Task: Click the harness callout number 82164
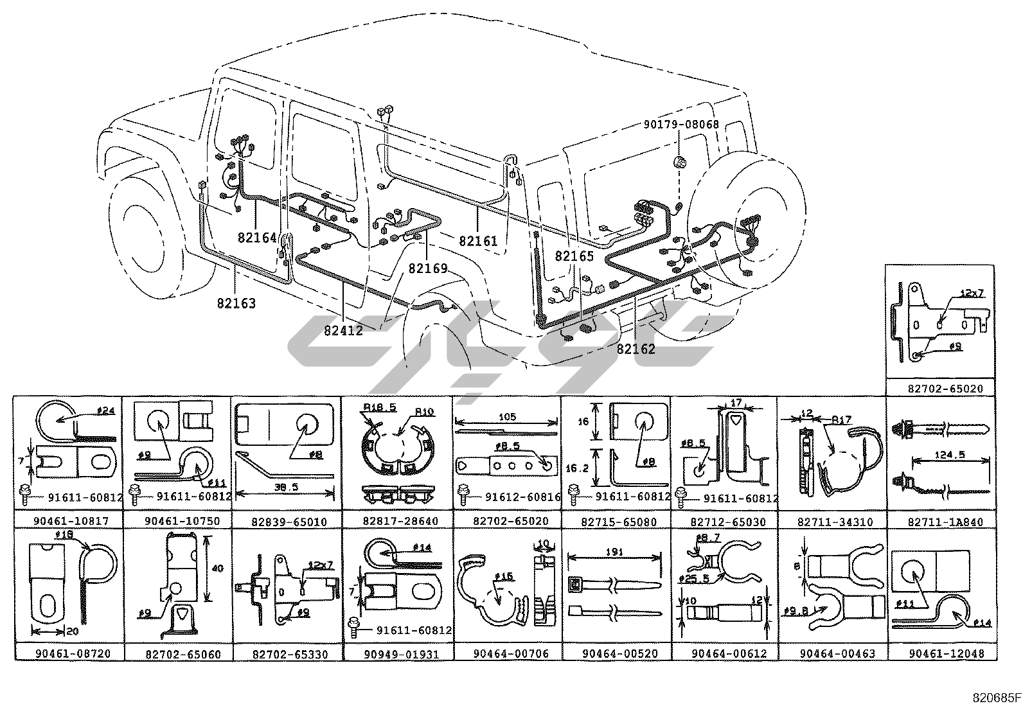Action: [256, 237]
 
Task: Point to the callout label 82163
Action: [236, 303]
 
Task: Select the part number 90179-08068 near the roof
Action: [681, 125]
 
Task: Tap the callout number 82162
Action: [636, 349]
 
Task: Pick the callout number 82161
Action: [478, 242]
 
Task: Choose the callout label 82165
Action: [574, 256]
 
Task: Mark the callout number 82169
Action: [427, 268]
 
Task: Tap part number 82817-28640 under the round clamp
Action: [397, 522]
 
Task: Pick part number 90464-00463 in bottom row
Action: [832, 653]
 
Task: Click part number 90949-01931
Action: [397, 653]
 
